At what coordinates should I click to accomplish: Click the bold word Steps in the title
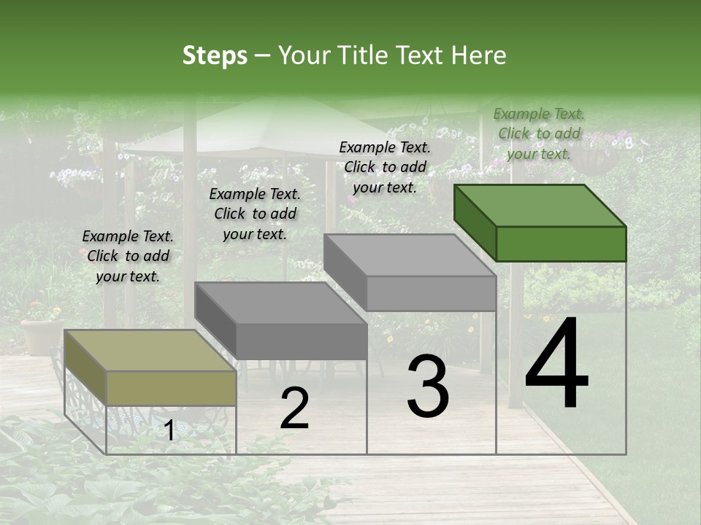(214, 55)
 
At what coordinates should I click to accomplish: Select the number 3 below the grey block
(428, 386)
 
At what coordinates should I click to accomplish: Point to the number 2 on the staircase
(294, 408)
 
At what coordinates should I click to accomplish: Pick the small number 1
(169, 430)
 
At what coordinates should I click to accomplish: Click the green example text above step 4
(539, 133)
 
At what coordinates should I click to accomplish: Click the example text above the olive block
(128, 256)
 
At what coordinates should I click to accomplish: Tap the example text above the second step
(255, 214)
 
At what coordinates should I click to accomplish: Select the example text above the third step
(385, 167)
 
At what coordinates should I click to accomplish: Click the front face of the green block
(561, 244)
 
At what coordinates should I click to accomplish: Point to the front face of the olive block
(171, 388)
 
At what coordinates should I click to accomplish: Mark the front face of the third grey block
(431, 293)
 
